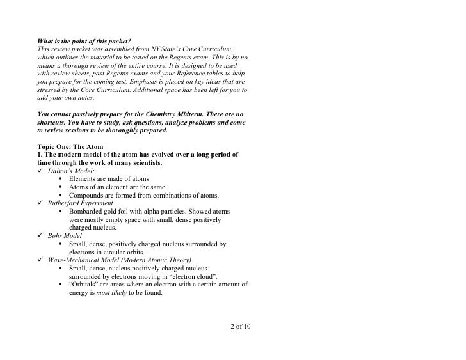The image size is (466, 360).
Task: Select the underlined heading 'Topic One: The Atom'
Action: coord(70,146)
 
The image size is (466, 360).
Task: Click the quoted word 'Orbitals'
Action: coord(87,285)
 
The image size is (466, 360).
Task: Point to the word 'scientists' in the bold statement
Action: coord(143,163)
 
